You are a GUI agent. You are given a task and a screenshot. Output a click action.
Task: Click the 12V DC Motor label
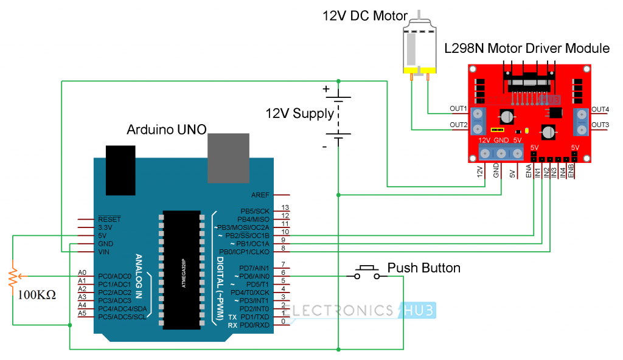364,15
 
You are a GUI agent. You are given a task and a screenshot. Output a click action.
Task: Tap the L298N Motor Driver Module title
527,48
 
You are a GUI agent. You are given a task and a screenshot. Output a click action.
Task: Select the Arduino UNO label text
166,130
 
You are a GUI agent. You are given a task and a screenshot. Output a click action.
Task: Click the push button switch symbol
367,272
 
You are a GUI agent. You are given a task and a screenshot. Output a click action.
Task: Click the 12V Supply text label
299,113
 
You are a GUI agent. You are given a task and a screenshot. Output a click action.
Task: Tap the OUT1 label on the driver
458,109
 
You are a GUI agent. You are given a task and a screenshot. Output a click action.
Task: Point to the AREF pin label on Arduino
260,195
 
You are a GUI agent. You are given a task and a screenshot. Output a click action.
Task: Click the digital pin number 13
284,208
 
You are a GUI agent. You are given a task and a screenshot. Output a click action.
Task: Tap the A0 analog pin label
83,273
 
